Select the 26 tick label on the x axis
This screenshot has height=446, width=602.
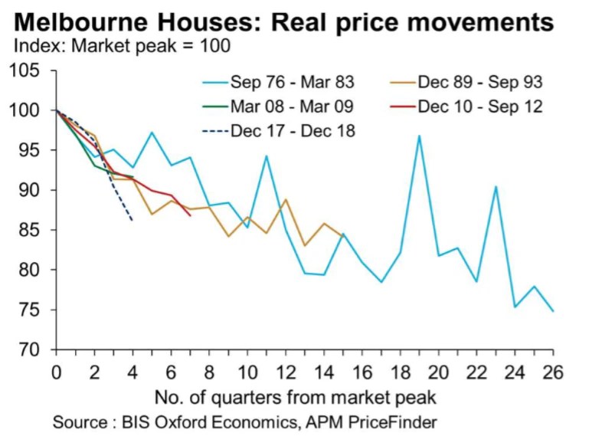tap(553, 371)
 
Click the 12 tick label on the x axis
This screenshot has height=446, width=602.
tap(285, 371)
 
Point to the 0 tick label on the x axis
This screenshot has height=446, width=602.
tap(56, 371)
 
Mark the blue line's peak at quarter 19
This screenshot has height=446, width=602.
tap(419, 136)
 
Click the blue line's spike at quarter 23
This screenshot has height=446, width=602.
tap(496, 187)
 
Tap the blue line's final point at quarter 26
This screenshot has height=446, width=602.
tap(553, 311)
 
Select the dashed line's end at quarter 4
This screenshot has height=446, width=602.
tap(133, 221)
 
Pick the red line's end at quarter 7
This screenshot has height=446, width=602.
tap(190, 215)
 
